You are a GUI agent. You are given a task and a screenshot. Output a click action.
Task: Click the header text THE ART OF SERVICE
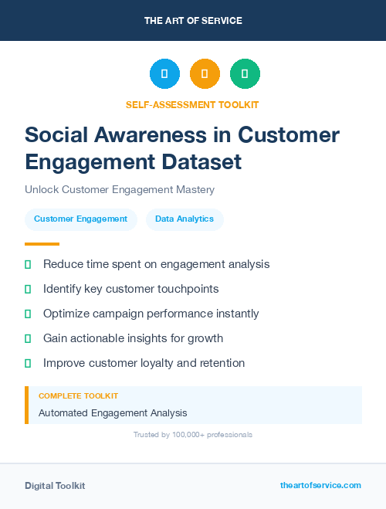[193, 20]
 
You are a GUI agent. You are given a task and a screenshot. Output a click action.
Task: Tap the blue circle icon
[164, 74]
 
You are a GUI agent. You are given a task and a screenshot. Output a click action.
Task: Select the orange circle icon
[205, 74]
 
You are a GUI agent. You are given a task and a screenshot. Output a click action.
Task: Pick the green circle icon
[245, 74]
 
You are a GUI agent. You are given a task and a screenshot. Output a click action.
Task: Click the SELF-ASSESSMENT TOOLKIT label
[193, 104]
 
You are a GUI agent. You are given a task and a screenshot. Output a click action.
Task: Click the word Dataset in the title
[204, 162]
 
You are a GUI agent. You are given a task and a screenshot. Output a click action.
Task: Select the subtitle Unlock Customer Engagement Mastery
[119, 189]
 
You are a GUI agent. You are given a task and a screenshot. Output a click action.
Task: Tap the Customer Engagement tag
[80, 219]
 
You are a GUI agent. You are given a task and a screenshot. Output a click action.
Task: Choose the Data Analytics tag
[185, 219]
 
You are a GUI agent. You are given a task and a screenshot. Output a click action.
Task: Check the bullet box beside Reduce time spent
[28, 264]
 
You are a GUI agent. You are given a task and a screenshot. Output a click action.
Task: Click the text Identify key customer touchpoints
[131, 289]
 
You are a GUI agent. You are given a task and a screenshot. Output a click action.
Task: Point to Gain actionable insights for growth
[133, 338]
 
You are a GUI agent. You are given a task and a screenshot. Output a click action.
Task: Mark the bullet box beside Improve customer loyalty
[28, 363]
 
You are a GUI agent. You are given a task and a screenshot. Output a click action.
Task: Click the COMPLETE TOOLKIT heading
[78, 395]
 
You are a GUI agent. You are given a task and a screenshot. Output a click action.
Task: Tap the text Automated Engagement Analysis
[113, 413]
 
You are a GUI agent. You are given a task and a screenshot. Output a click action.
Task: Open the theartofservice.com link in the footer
[320, 485]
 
